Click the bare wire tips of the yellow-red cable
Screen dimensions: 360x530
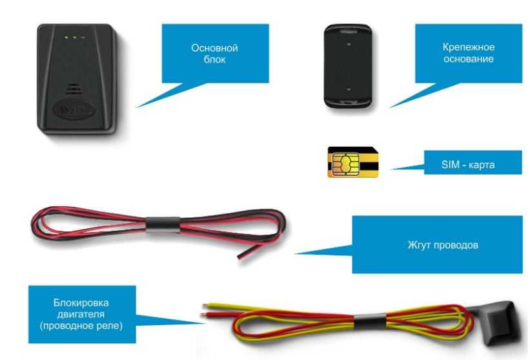coord(204,310)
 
